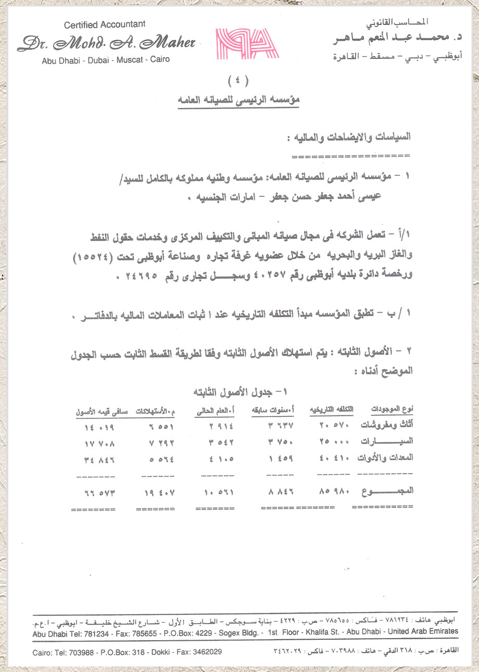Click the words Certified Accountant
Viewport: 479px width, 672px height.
[105, 24]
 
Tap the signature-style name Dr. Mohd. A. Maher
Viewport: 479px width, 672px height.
[106, 43]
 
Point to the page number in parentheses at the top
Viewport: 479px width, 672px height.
[238, 81]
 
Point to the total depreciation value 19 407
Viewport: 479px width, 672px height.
[158, 492]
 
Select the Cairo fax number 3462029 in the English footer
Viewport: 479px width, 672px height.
[205, 652]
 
